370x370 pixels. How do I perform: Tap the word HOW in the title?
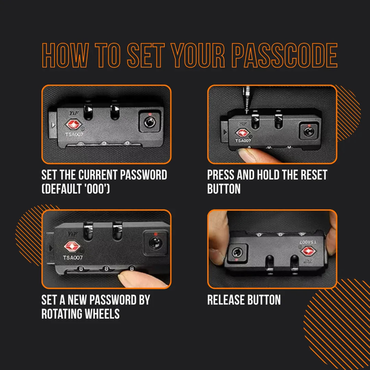coord(64,56)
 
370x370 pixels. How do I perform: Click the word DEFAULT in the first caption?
coord(69,189)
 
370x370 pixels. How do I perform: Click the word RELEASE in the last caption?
coord(226,300)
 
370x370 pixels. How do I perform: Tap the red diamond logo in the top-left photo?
coord(73,124)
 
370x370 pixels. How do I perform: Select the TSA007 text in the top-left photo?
coord(74,135)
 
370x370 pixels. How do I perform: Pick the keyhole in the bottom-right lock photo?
coord(236,253)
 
